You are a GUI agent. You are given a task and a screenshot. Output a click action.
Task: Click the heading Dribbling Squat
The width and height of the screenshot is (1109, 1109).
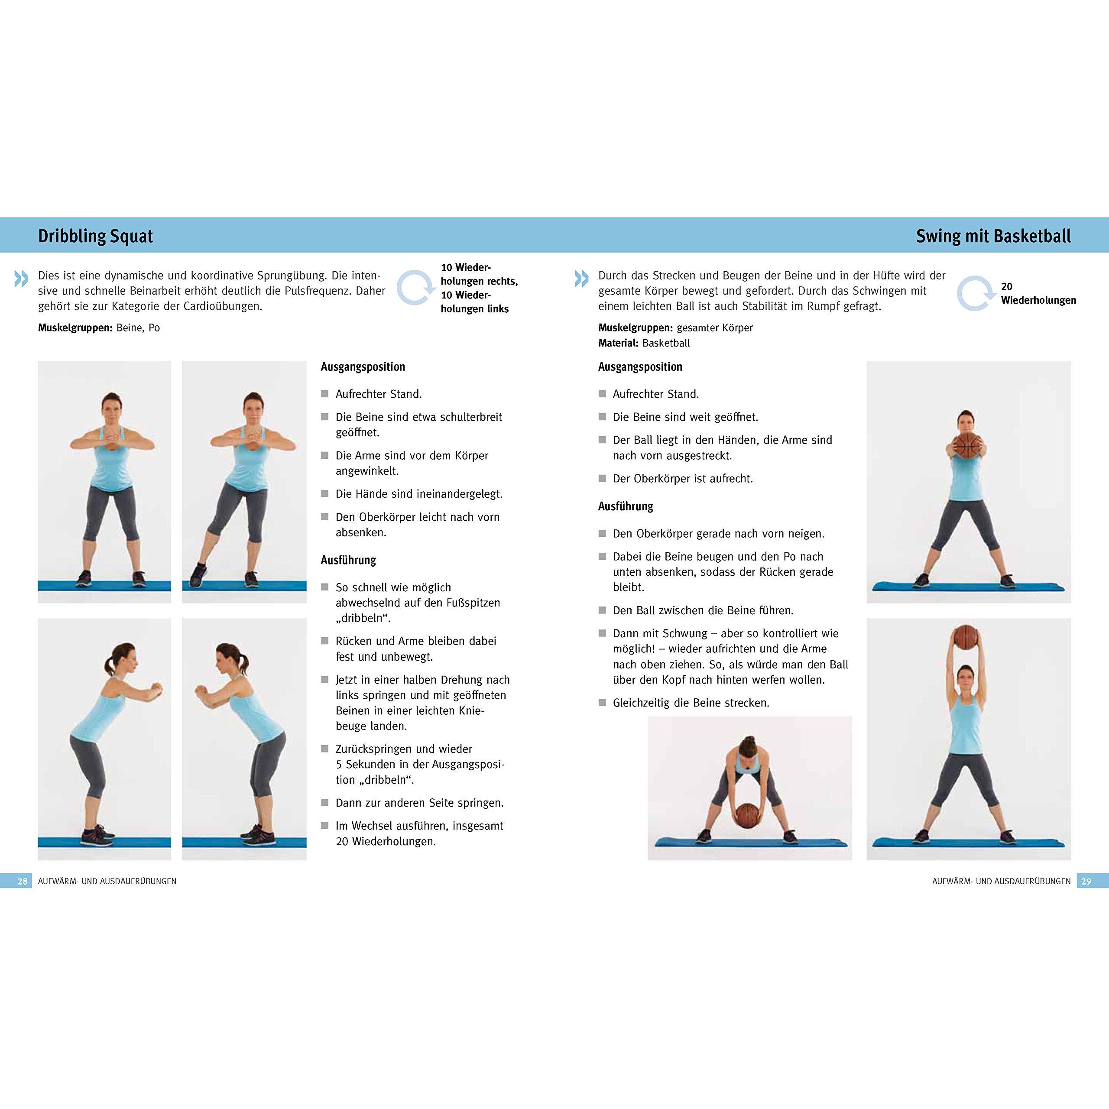pos(95,236)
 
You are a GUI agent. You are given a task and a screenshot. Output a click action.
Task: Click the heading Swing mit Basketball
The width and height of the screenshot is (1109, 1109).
pos(993,236)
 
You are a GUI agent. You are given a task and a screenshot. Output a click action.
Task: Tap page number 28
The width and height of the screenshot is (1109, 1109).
pos(23,881)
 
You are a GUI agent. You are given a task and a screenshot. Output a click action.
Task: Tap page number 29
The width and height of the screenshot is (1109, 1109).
pos(1086,881)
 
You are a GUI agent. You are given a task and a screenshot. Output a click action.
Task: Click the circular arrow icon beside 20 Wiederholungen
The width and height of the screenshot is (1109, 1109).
pos(976,293)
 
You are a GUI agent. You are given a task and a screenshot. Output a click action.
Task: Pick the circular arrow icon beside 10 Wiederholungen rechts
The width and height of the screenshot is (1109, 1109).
pos(416,288)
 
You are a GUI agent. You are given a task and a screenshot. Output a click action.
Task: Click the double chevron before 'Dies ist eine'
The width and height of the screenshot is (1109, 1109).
pos(21,279)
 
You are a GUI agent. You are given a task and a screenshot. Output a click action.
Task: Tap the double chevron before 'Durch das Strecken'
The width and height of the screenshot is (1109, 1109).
pos(581,279)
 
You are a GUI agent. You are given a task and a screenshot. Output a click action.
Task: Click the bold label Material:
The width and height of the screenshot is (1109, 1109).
pos(618,343)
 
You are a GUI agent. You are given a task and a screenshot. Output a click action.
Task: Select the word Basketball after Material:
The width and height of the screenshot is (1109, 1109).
pos(666,343)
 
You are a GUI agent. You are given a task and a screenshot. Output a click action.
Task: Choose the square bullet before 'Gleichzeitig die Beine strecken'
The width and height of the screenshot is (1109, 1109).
pos(602,703)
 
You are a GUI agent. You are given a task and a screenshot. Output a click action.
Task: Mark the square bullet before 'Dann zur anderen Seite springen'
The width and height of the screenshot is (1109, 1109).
pos(324,802)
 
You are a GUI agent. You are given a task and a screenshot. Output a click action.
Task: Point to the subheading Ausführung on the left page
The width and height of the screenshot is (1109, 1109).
pos(348,560)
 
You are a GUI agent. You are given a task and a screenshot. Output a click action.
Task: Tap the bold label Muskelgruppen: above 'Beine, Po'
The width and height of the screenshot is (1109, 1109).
pos(75,328)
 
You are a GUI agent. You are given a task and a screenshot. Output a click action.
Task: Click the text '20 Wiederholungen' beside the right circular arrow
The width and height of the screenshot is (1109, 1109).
pos(1038,293)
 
